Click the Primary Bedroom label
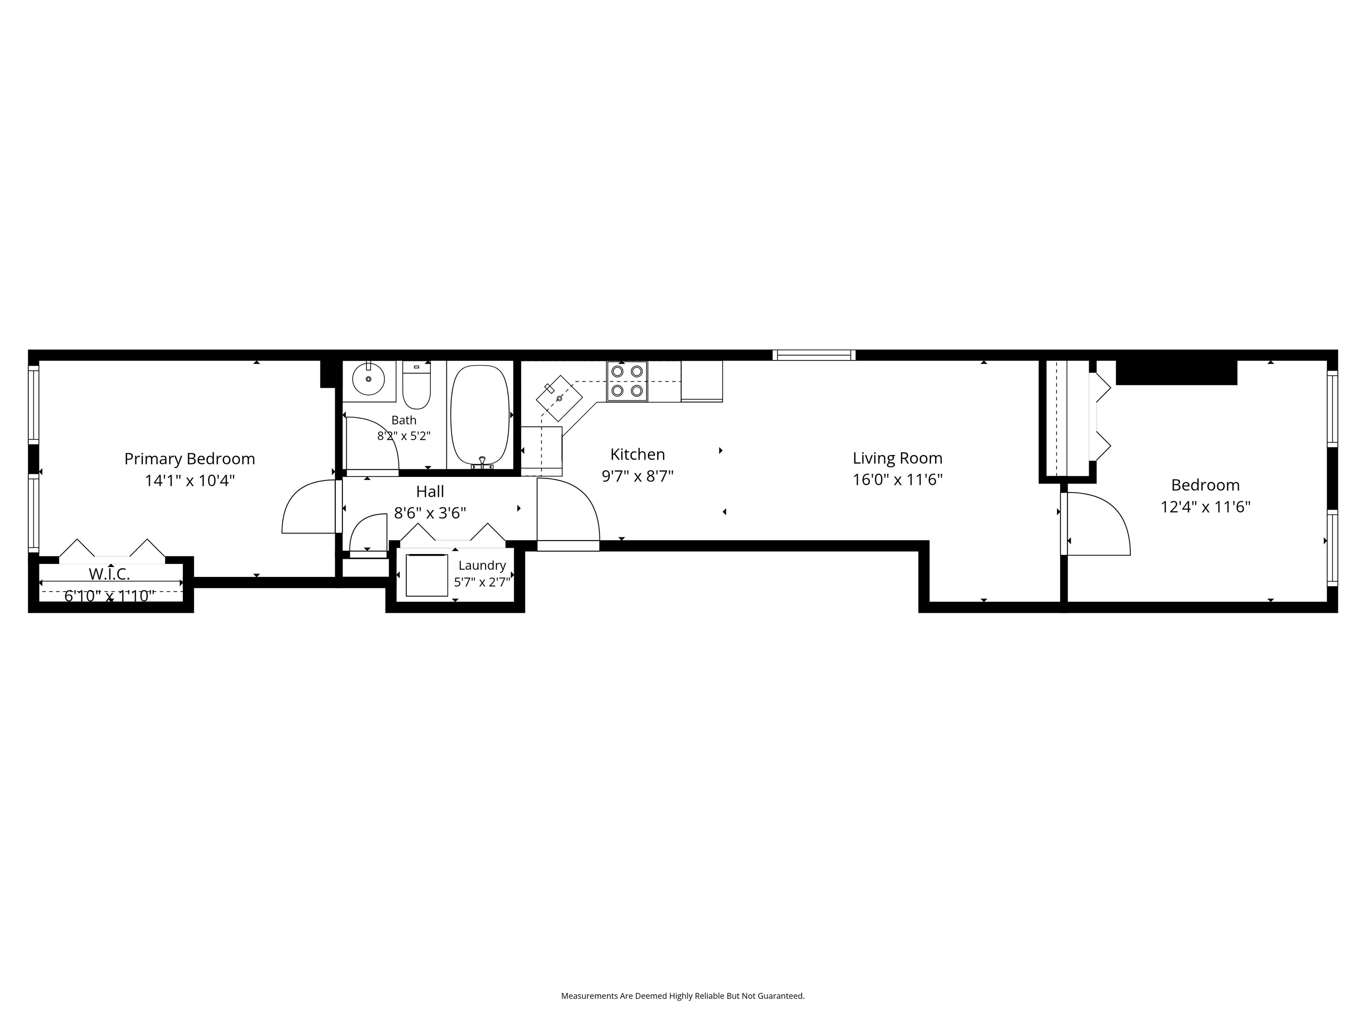pyautogui.click(x=189, y=459)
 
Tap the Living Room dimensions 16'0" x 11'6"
pyautogui.click(x=897, y=480)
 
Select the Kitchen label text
pyautogui.click(x=637, y=454)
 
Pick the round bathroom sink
pyautogui.click(x=369, y=378)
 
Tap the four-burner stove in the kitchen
pyautogui.click(x=627, y=381)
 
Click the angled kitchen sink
pyautogui.click(x=559, y=398)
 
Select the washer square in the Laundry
pyautogui.click(x=427, y=575)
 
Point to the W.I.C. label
pyautogui.click(x=109, y=574)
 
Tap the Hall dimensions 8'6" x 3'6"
pyautogui.click(x=430, y=513)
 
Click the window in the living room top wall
pyautogui.click(x=814, y=355)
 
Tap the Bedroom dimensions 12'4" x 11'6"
pyautogui.click(x=1205, y=507)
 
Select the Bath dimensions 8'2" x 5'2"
pyautogui.click(x=404, y=436)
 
